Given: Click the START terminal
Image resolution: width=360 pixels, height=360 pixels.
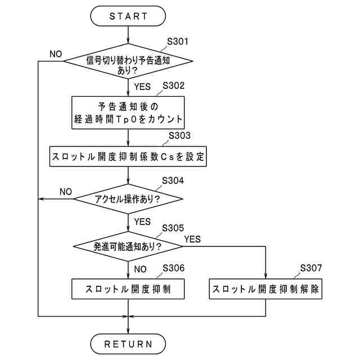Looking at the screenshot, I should click(128, 16).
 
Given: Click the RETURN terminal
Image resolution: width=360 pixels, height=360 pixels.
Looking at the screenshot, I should click(128, 343).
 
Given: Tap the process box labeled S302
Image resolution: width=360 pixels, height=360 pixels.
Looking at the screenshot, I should click(128, 112).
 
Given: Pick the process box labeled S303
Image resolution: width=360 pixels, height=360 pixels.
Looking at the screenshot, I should click(128, 156).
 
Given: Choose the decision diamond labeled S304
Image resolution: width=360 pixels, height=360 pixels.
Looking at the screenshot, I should click(128, 199).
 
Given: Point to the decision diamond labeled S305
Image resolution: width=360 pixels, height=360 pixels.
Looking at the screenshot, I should click(128, 246).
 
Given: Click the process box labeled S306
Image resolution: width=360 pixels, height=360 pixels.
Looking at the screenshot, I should click(128, 290).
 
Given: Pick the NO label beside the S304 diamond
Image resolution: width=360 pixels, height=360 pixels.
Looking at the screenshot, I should click(65, 192).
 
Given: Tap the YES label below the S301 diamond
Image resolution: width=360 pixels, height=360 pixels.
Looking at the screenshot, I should click(143, 87).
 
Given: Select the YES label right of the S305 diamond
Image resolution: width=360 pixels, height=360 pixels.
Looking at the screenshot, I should click(192, 239).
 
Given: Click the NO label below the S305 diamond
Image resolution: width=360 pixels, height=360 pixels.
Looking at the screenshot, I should click(142, 268).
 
